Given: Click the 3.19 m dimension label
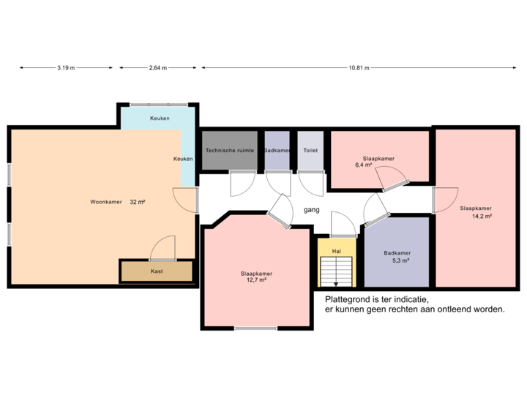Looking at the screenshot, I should pos(66,68).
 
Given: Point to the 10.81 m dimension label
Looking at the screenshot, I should pos(359,68).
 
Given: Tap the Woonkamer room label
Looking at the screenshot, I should pos(105,201).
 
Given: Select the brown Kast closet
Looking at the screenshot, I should pos(157,271).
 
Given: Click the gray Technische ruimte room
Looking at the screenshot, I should pos(230,150).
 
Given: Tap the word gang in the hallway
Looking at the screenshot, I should pos(311,210).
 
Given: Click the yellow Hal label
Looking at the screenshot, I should pos(337,250).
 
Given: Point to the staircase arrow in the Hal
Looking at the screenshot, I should pos(337,282).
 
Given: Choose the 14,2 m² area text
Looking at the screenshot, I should pos(481,216).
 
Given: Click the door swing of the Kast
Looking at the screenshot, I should pos(162,249).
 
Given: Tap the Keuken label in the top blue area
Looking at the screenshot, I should pos(160,118).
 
